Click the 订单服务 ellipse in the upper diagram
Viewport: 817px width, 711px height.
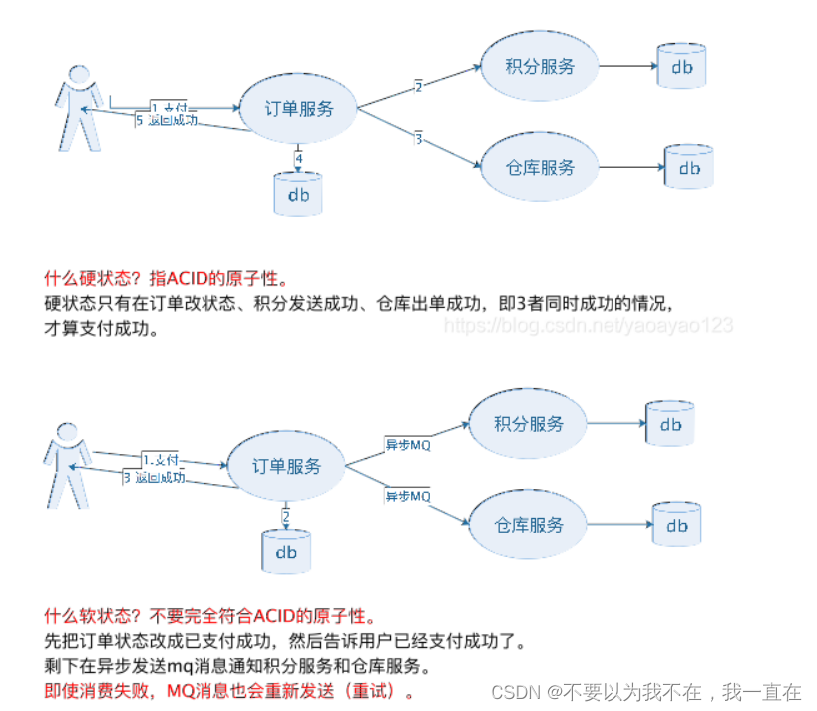click(298, 110)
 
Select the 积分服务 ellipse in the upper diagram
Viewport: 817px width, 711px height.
click(541, 67)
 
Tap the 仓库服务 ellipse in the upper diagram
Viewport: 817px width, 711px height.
click(541, 167)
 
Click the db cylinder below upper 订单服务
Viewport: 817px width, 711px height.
click(298, 193)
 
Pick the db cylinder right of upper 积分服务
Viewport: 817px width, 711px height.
click(681, 66)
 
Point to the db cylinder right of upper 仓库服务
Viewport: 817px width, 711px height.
click(689, 168)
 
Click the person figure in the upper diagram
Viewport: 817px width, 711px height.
click(79, 107)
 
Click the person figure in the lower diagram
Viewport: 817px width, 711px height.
click(68, 464)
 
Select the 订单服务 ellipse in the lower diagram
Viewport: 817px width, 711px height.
click(286, 466)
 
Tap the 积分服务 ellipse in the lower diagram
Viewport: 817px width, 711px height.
click(528, 423)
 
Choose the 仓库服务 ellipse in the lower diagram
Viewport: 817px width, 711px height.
click(529, 525)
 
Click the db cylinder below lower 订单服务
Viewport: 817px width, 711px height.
click(286, 551)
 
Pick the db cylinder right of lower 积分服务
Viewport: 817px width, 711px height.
click(670, 424)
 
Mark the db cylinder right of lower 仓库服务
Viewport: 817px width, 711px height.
click(677, 525)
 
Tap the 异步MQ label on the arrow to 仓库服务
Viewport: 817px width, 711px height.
click(408, 495)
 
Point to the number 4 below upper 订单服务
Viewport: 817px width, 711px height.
click(299, 158)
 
